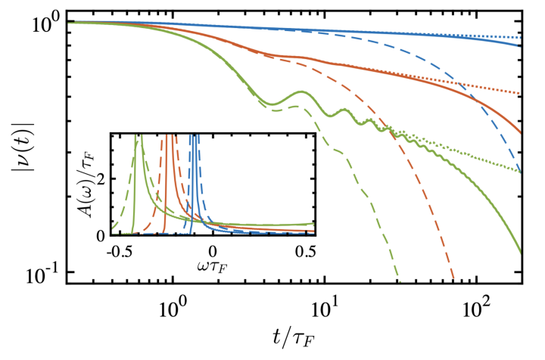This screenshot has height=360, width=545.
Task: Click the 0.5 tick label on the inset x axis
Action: pyautogui.click(x=304, y=249)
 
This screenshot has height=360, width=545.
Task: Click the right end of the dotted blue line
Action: pyautogui.click(x=523, y=36)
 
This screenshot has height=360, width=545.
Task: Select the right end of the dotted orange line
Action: pyautogui.click(x=523, y=94)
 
